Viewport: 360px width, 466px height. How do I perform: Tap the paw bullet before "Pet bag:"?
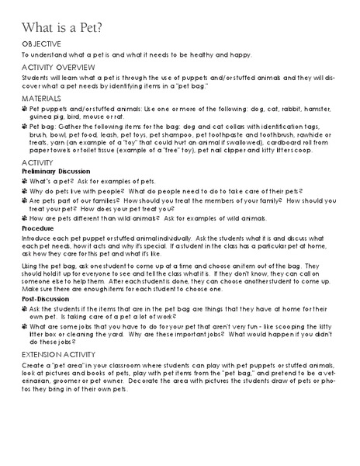(24, 124)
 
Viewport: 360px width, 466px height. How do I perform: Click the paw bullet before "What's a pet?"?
(24, 180)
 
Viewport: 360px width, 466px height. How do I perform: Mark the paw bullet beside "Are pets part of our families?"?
(24, 200)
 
